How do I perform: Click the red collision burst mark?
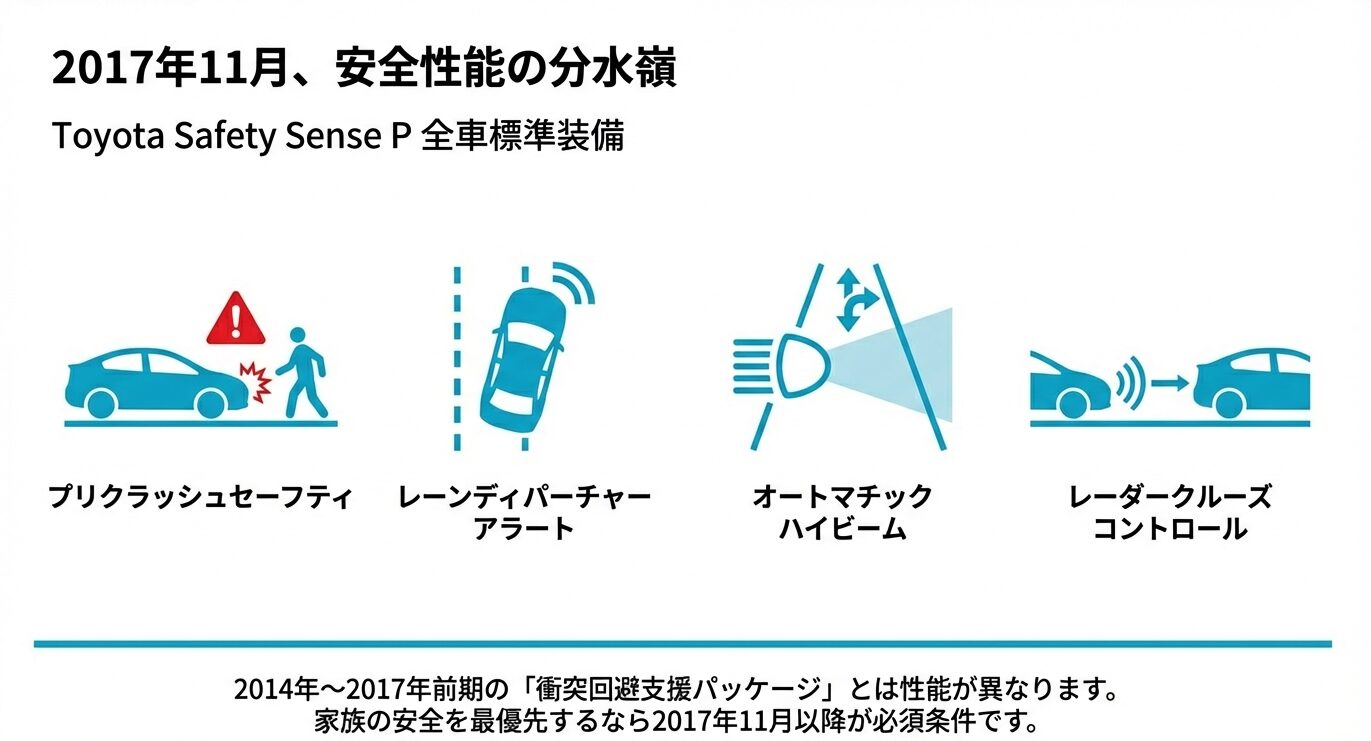point(257,383)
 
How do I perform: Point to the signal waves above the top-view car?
point(576,283)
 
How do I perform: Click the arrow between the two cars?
point(1170,382)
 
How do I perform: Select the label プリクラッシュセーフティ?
point(201,496)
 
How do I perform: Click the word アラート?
point(524,529)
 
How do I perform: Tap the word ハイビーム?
point(842,529)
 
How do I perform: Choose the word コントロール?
point(1170,529)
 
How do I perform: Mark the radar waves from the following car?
point(1129,382)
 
